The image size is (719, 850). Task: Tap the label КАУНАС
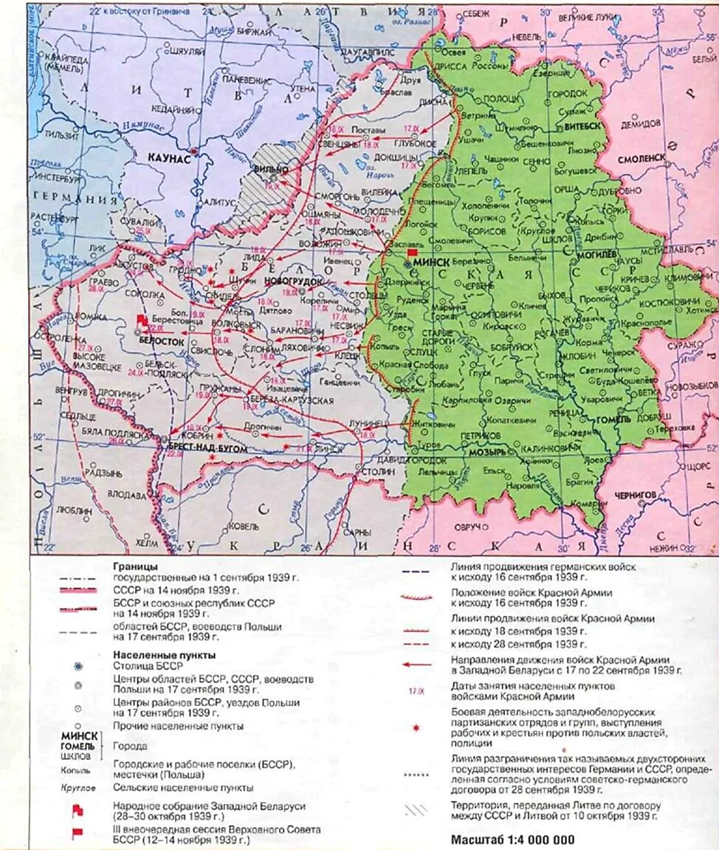(x=169, y=158)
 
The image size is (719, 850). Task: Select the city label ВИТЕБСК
(x=583, y=126)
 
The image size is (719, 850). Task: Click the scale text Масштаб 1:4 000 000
(x=512, y=840)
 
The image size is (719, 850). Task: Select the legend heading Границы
(x=134, y=566)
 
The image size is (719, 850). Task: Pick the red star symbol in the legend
(x=416, y=727)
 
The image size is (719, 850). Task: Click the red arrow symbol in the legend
(x=416, y=664)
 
